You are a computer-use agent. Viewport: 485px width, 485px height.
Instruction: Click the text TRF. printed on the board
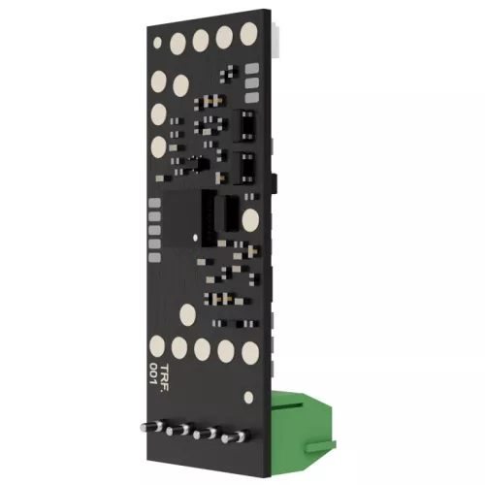165,377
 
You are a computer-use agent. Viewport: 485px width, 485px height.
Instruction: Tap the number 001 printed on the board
154,373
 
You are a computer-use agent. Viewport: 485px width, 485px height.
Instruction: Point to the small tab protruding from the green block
321,447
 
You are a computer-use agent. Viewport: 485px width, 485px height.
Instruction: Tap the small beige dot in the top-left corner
157,42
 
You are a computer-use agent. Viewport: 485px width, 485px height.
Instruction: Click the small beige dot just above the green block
248,398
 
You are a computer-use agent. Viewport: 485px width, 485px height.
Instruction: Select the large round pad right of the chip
251,220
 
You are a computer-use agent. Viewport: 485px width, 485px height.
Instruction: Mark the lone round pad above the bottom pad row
187,314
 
